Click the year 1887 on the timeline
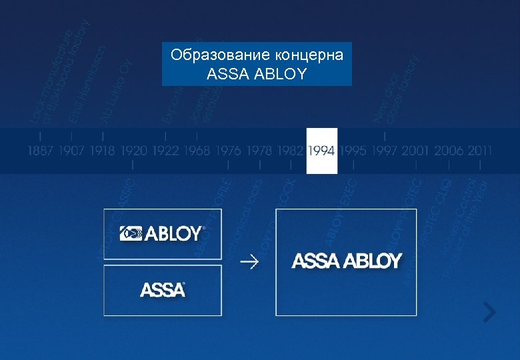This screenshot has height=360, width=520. [40, 151]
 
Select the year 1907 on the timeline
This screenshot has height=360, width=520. [71, 151]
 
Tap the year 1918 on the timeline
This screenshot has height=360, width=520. [103, 151]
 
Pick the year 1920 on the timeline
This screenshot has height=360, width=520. [134, 151]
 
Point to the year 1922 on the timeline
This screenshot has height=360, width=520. [165, 151]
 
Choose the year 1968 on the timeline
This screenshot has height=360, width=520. [197, 151]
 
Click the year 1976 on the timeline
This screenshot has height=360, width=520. [229, 151]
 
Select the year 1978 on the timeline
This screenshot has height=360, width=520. [259, 151]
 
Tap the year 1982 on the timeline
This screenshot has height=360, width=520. [291, 151]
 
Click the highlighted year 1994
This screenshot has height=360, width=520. [322, 151]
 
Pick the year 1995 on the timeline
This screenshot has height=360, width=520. [353, 151]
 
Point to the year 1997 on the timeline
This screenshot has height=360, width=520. [385, 151]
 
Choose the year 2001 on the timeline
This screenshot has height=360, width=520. [416, 151]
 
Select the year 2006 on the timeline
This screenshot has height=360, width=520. [448, 151]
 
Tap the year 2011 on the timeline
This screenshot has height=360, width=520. [479, 151]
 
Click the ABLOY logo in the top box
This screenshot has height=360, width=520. [163, 233]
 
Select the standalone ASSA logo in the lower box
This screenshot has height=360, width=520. [163, 290]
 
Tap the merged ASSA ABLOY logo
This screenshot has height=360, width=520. [347, 261]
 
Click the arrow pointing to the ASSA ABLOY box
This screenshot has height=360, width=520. [250, 261]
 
